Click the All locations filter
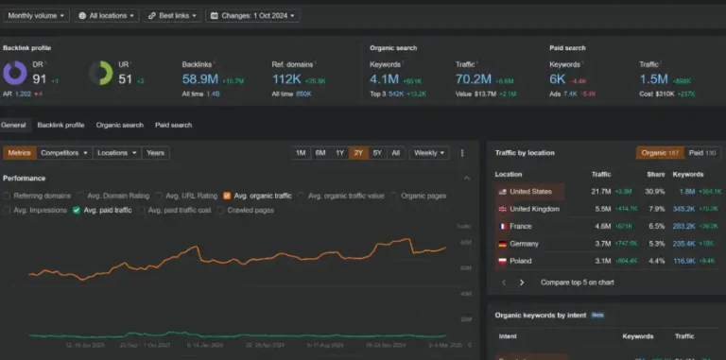point(104,15)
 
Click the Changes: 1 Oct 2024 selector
point(252,15)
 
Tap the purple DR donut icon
point(15,73)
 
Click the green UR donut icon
point(101,73)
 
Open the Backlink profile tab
point(60,125)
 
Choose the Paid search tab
point(173,125)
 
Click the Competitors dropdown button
point(65,152)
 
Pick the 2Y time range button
point(358,152)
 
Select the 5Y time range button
point(377,152)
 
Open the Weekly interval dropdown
point(429,152)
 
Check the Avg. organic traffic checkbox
point(227,196)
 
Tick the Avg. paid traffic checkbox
point(77,210)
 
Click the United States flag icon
point(502,191)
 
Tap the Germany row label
point(526,243)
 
